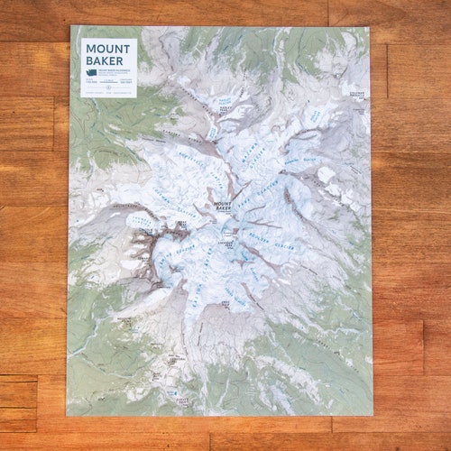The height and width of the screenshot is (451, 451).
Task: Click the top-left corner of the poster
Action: pyautogui.click(x=70, y=25)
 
